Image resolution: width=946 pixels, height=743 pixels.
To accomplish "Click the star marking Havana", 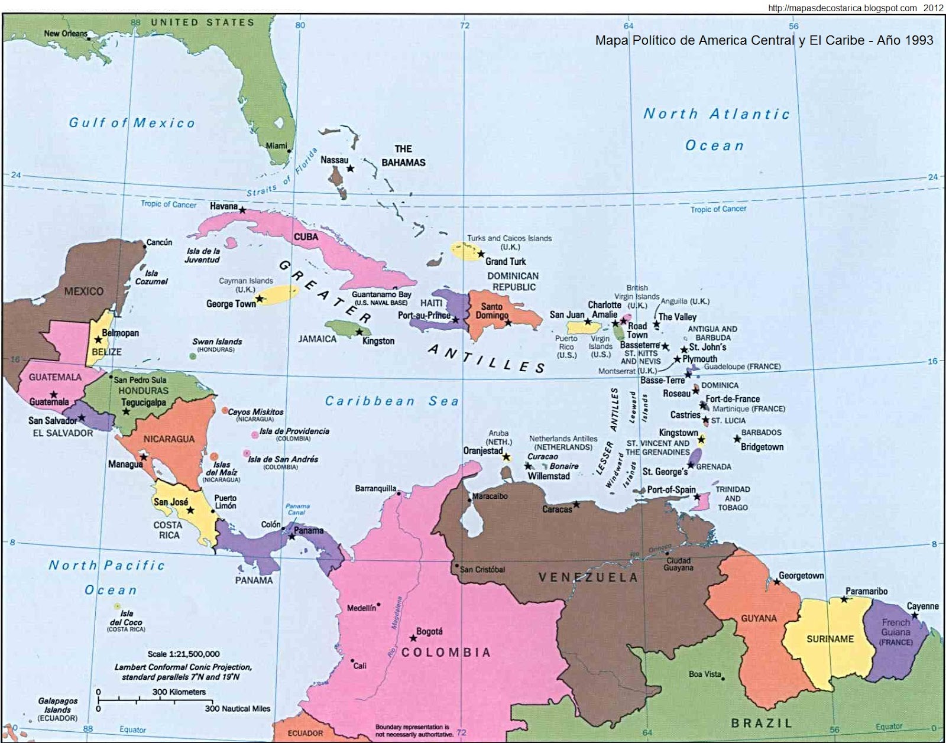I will [x=242, y=210].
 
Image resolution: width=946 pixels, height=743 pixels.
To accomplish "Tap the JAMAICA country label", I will [x=317, y=339].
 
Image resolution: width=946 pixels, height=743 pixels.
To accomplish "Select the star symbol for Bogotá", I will [x=413, y=638].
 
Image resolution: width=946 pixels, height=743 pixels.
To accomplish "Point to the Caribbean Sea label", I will [x=391, y=401].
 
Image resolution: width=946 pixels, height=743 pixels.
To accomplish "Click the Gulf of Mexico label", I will [x=131, y=123].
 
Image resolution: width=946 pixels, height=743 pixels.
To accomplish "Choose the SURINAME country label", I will [x=830, y=639].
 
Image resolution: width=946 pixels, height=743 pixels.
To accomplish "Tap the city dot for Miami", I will [x=289, y=151].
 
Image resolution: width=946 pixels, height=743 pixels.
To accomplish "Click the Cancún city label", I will [x=159, y=242].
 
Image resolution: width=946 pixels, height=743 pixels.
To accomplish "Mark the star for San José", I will [x=190, y=510].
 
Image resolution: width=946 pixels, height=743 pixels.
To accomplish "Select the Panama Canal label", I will [x=297, y=509].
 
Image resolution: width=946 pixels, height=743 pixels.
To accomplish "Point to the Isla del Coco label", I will [x=126, y=621].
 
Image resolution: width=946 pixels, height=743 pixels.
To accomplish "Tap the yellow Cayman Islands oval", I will [x=277, y=294].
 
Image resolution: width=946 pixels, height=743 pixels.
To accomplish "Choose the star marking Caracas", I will [x=576, y=504].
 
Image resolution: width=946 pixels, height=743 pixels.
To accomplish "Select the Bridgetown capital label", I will [x=762, y=447].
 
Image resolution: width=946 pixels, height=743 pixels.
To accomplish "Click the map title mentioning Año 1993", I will [x=764, y=40].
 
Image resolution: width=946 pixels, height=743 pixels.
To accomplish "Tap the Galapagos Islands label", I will [x=57, y=709].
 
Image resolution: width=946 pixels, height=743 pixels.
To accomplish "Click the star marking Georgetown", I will [x=777, y=582].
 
